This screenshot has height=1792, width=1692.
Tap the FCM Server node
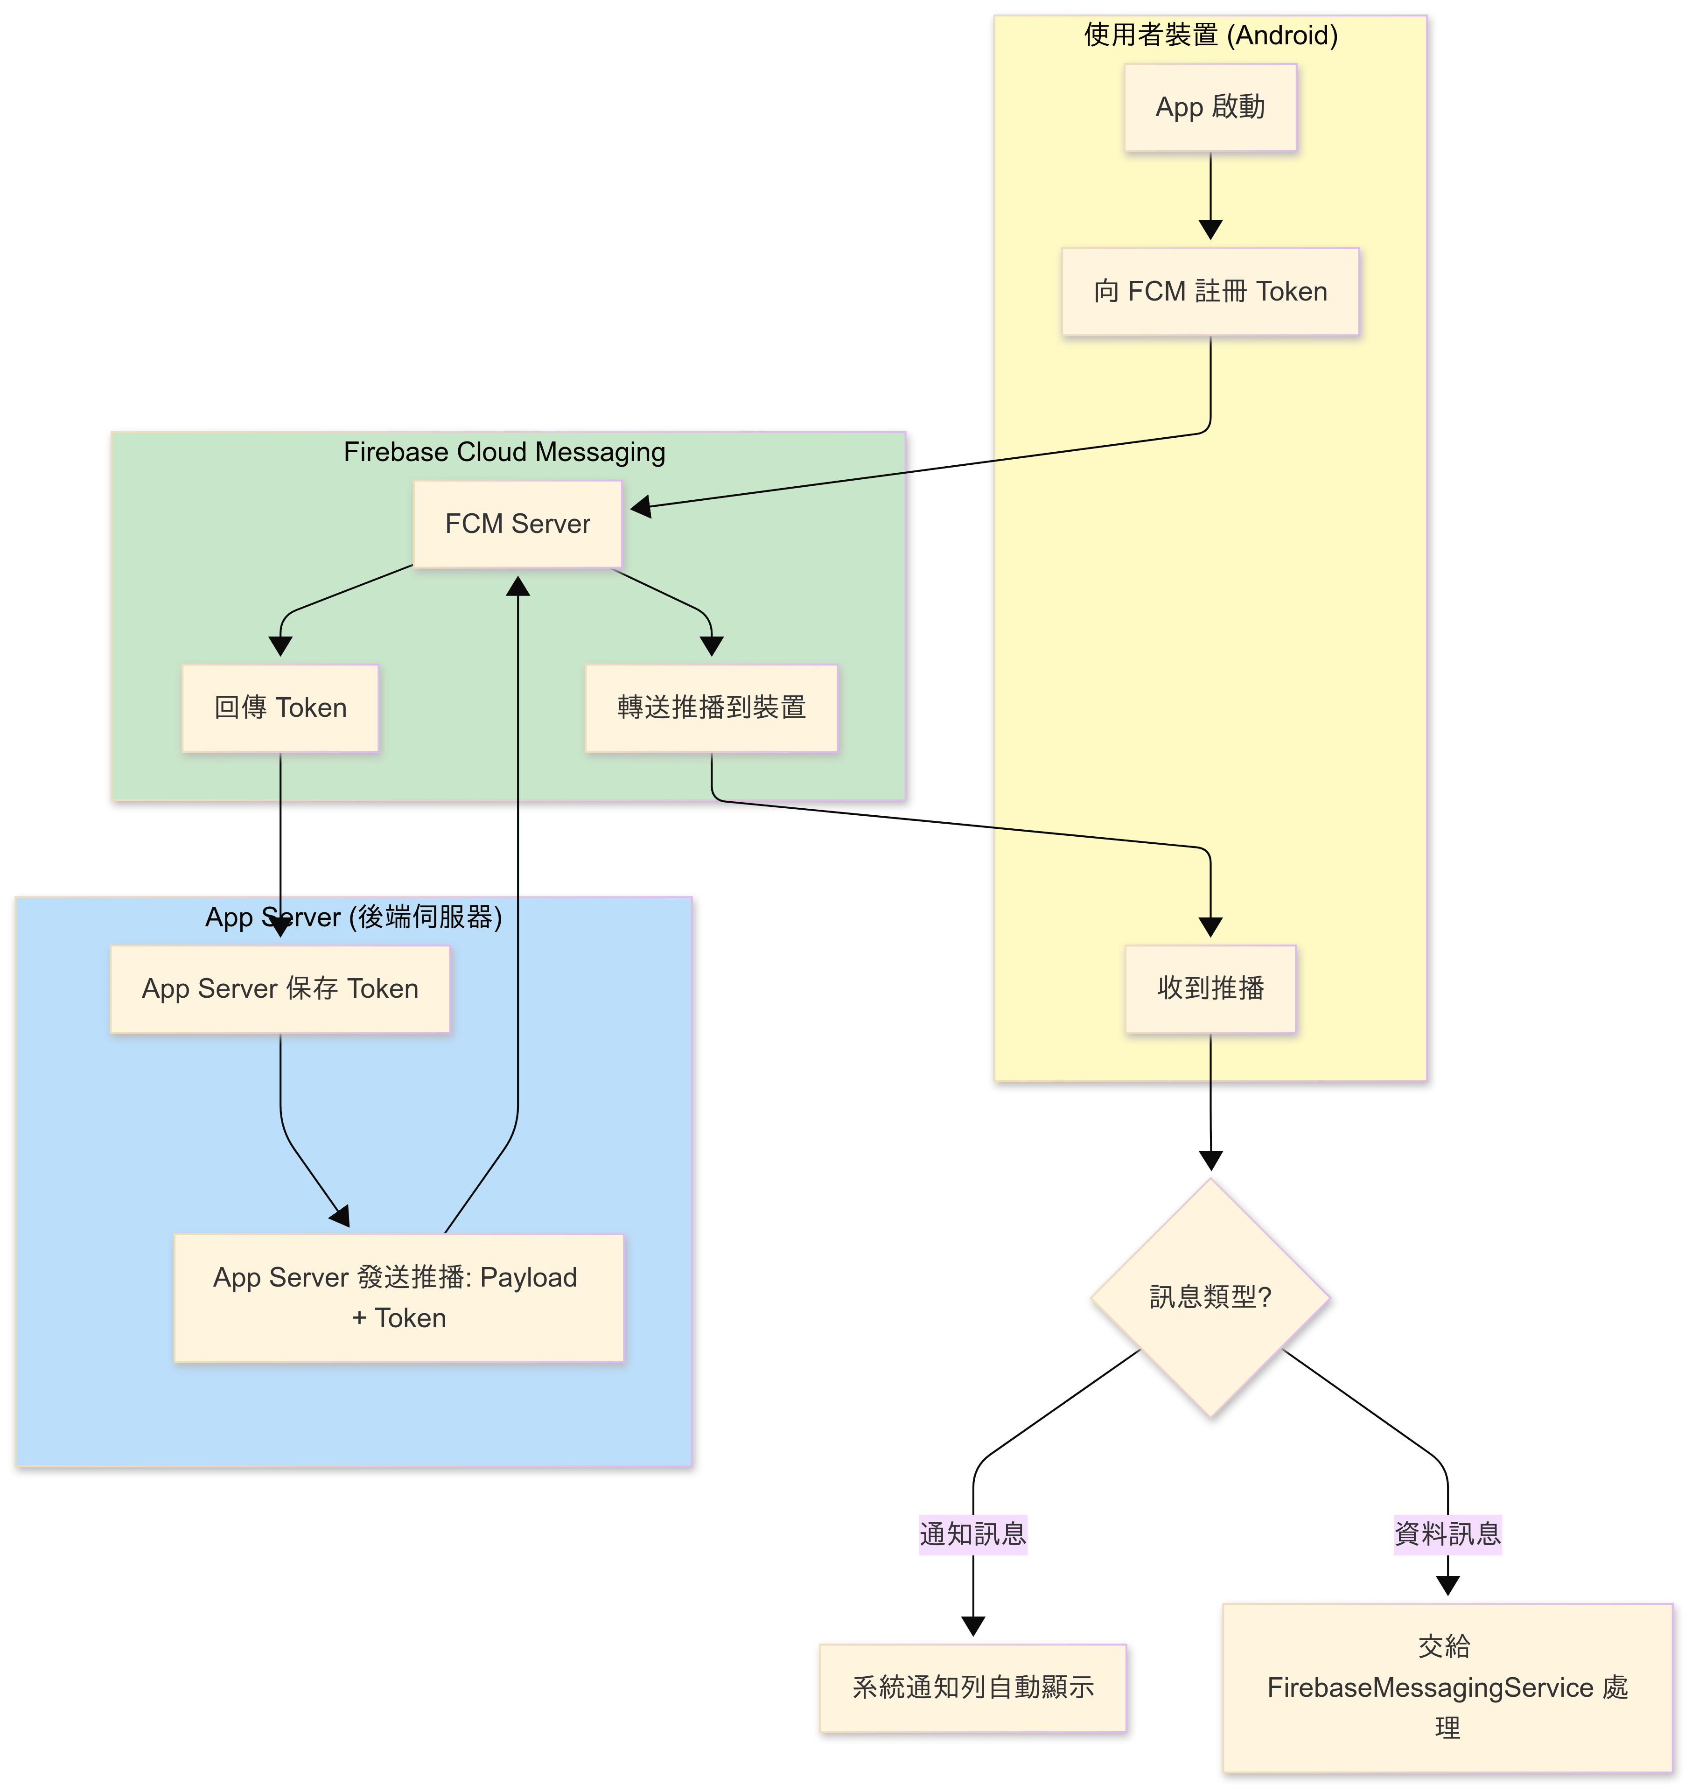[x=517, y=524]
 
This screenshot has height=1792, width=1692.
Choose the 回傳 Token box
[x=280, y=708]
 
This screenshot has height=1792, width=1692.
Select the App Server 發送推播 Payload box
[x=399, y=1298]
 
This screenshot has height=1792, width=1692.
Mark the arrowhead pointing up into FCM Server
[x=517, y=587]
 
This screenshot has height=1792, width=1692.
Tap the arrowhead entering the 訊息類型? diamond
[x=1210, y=1161]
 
